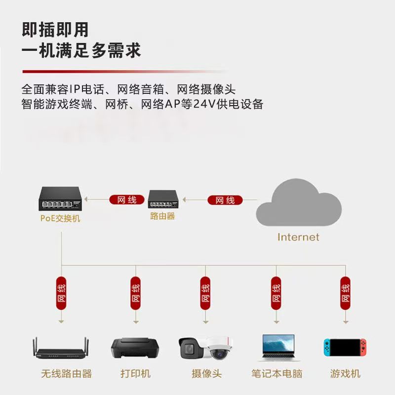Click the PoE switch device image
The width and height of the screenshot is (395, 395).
60,199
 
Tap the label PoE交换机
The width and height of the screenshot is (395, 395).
60,218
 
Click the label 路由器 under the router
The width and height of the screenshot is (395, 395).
162,216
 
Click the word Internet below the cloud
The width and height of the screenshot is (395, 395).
298,237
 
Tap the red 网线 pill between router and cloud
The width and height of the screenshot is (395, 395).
225,200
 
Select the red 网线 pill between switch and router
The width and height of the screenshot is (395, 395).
126,200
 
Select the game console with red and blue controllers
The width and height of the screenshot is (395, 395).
345,348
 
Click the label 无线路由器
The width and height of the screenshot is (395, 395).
66,374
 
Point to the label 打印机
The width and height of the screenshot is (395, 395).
135,374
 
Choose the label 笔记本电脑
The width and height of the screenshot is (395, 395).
276,374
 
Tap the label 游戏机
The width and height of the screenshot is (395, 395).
345,374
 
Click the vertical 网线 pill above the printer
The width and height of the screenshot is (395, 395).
135,292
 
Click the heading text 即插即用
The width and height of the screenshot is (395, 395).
55,30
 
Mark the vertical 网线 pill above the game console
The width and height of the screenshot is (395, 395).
345,292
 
